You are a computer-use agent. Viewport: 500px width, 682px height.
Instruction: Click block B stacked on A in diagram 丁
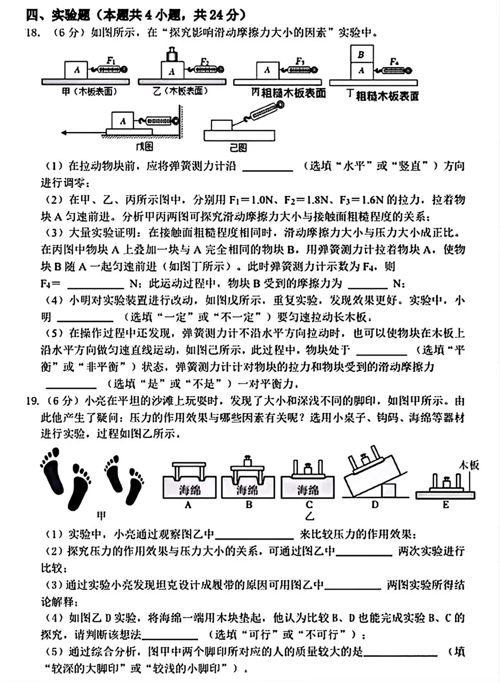click(361, 55)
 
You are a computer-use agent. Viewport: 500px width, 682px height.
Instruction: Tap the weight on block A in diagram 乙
click(172, 54)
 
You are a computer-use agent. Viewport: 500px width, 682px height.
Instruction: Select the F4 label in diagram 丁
click(394, 61)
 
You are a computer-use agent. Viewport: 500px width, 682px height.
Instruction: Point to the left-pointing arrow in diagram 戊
click(83, 133)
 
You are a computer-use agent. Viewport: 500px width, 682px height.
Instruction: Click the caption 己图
click(238, 147)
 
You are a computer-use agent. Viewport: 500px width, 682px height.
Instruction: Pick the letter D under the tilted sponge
click(375, 505)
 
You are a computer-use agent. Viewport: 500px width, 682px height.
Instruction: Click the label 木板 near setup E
click(469, 465)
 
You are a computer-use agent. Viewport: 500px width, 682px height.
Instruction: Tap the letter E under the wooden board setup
click(445, 505)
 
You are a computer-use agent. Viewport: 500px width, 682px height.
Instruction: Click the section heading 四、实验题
click(58, 15)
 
